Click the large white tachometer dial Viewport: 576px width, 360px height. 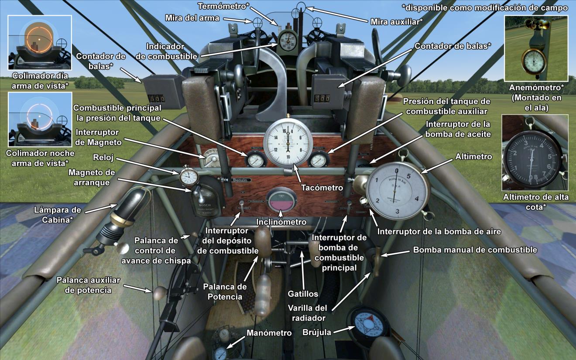coord(288,141)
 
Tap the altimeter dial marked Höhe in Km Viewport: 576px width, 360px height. coord(396,191)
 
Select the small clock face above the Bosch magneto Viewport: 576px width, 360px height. coord(189,178)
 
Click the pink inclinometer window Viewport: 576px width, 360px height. coord(281,202)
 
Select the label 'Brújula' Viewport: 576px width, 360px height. coord(317,332)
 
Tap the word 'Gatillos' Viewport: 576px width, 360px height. coord(303,293)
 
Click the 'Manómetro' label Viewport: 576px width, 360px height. coord(269,333)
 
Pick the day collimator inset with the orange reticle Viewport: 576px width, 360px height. coord(39,42)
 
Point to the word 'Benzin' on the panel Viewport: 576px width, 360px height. coord(240,179)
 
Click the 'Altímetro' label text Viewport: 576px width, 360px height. coord(473,156)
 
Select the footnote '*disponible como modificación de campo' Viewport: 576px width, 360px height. coord(485,8)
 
